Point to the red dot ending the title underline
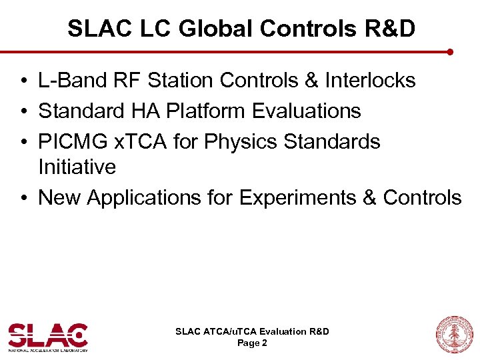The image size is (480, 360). (x=451, y=51)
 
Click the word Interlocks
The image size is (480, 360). (x=370, y=81)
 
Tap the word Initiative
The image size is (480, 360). (x=77, y=167)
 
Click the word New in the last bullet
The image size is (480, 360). (x=60, y=197)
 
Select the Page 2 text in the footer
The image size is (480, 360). (x=252, y=343)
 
